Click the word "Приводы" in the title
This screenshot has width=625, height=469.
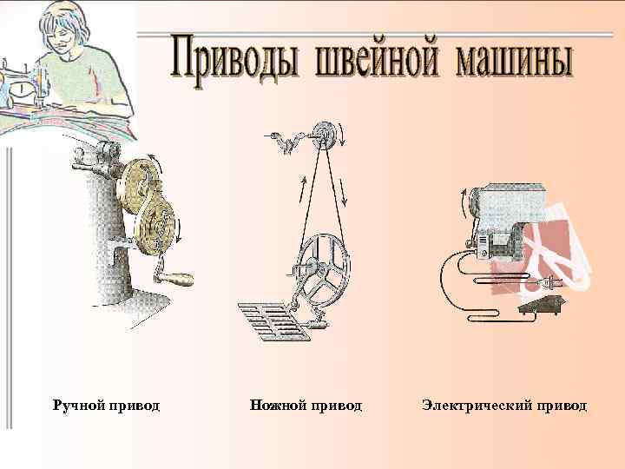pyautogui.click(x=230, y=57)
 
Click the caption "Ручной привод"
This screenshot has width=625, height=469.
pyautogui.click(x=106, y=406)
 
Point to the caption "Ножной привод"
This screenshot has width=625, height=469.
pyautogui.click(x=306, y=406)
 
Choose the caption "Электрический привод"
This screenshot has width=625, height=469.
pyautogui.click(x=504, y=406)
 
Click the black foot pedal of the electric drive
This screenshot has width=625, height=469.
pyautogui.click(x=540, y=304)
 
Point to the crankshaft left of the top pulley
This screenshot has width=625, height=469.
pyautogui.click(x=287, y=142)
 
